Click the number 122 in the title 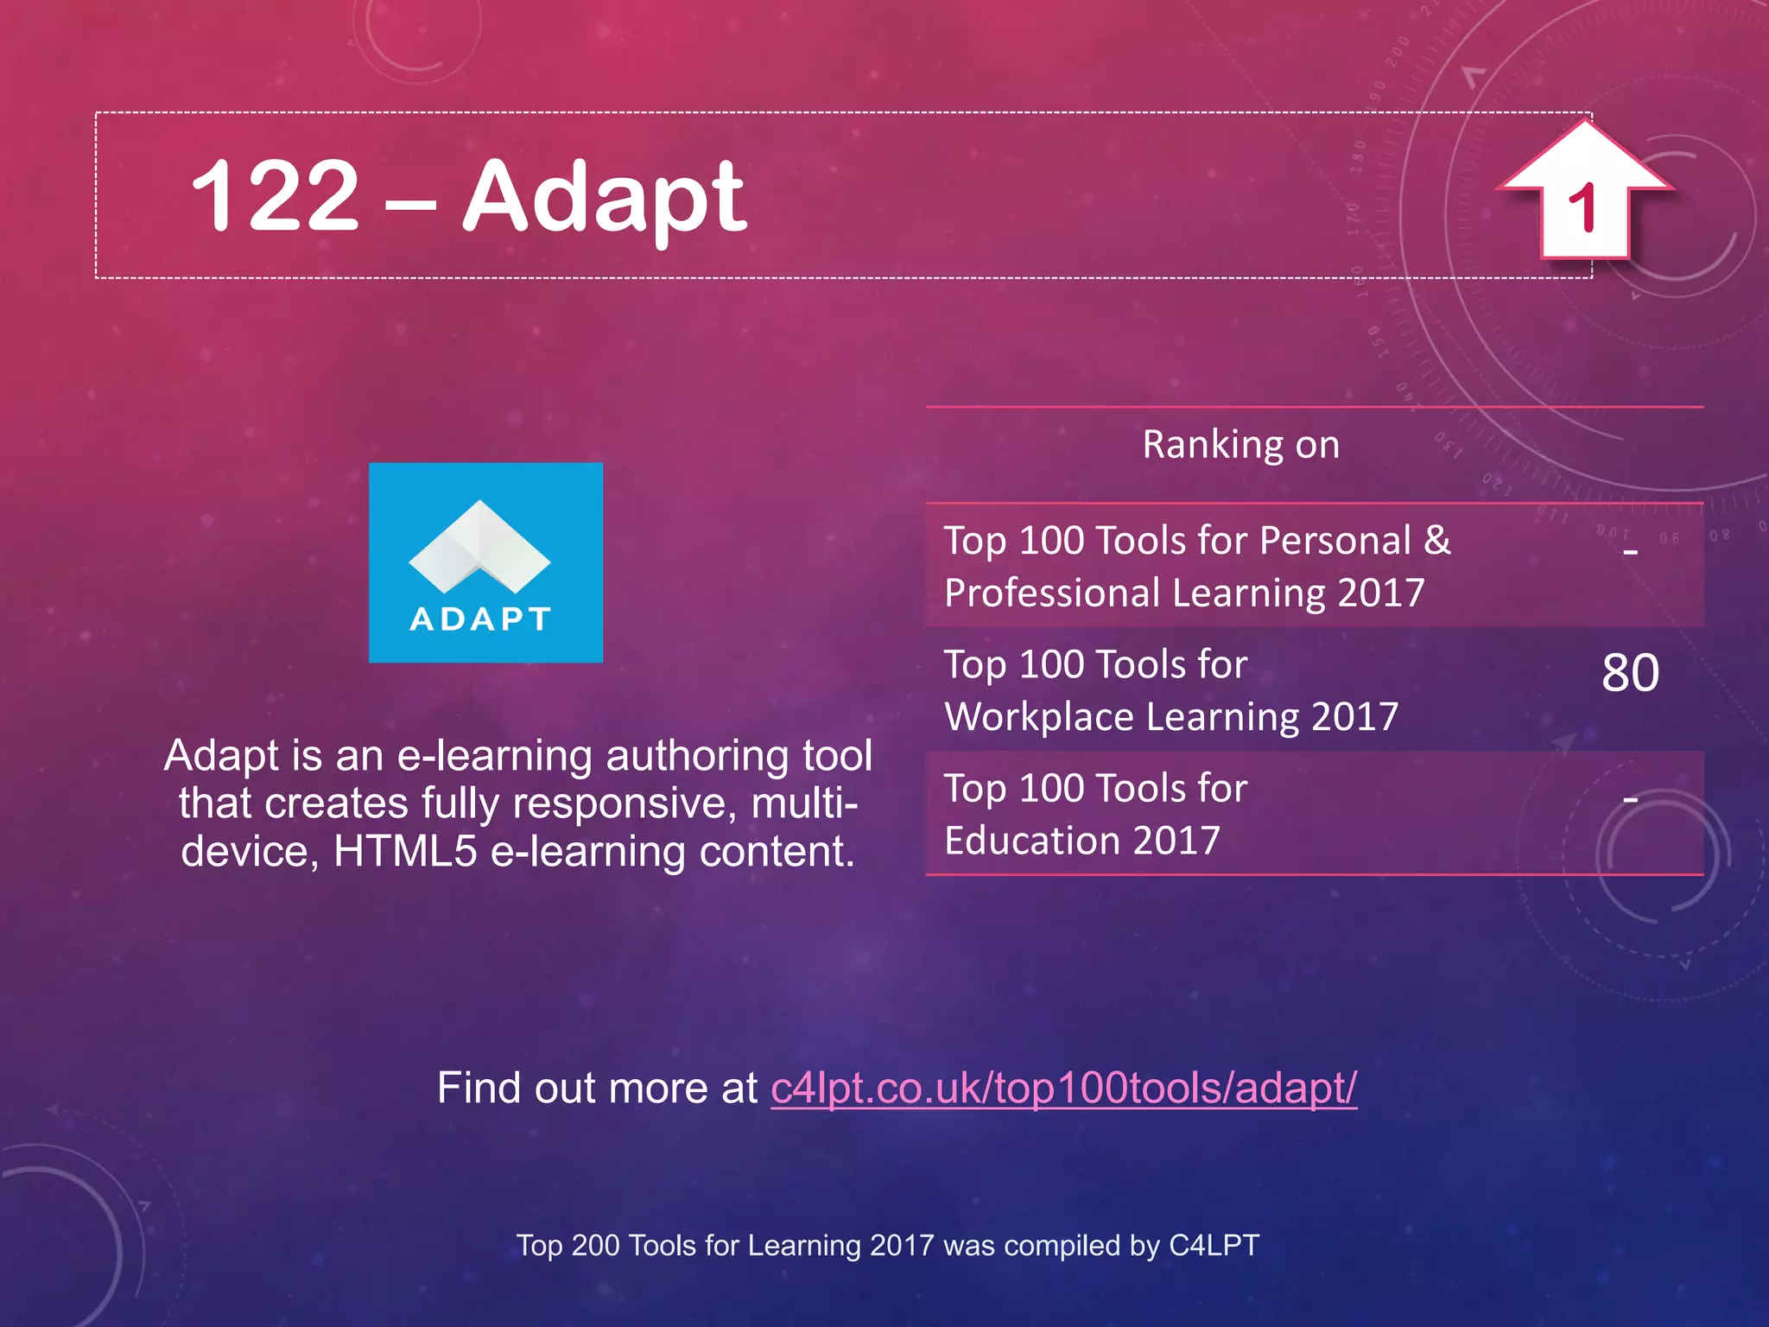pyautogui.click(x=274, y=197)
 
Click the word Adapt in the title pyautogui.click(x=604, y=199)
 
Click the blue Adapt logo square pyautogui.click(x=485, y=562)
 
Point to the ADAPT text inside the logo pyautogui.click(x=480, y=619)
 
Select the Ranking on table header pyautogui.click(x=1240, y=445)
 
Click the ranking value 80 pyautogui.click(x=1630, y=673)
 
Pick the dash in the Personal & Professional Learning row pyautogui.click(x=1630, y=550)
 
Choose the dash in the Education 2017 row pyautogui.click(x=1630, y=800)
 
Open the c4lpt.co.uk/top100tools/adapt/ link pyautogui.click(x=1063, y=1088)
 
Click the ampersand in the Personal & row pyautogui.click(x=1437, y=541)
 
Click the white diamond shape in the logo pyautogui.click(x=479, y=545)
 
